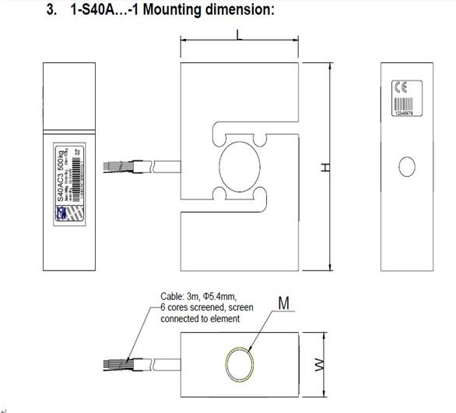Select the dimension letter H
(328, 168)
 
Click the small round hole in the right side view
(406, 167)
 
